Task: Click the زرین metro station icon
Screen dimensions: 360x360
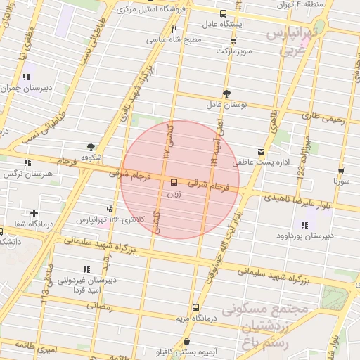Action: coord(174,182)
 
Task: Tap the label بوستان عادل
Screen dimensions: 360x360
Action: coord(226,105)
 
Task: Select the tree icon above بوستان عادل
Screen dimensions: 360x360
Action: coord(226,94)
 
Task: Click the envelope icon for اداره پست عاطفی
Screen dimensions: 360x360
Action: coord(262,152)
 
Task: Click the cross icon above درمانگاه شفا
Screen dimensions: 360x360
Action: coord(34,213)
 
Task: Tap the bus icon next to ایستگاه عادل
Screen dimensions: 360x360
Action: coord(223,13)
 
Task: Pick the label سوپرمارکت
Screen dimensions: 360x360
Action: coord(233,51)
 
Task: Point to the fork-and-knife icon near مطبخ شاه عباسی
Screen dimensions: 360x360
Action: coord(174,29)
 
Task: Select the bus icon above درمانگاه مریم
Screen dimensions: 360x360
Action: coord(195,307)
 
